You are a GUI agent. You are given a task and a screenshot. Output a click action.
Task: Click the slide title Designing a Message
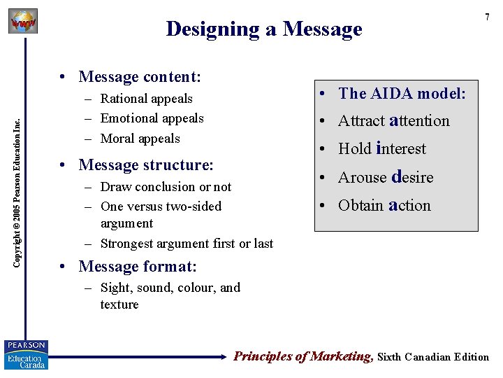coord(264,29)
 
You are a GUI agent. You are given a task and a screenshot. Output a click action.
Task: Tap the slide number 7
coord(487,17)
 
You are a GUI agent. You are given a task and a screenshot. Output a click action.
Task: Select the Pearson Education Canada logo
coord(26,355)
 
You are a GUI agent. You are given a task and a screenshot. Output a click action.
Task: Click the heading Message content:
coord(140,76)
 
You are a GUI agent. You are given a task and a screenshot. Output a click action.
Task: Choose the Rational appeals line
coord(146,99)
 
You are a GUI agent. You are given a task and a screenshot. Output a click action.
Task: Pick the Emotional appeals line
coord(152,118)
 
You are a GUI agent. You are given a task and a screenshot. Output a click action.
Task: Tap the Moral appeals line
coord(140,139)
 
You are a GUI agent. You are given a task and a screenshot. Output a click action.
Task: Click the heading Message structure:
coord(146,165)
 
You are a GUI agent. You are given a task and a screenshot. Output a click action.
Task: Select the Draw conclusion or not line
coord(166,187)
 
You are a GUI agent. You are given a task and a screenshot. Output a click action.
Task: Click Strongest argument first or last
coord(187,244)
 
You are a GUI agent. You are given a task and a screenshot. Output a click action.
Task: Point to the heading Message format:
coord(138,267)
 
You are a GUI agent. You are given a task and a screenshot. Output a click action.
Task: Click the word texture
coord(119,304)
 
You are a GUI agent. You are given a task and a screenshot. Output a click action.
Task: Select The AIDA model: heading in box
coord(402,94)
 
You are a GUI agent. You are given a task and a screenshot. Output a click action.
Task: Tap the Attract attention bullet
coord(393,120)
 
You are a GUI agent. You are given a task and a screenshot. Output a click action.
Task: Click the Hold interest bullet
coord(381,148)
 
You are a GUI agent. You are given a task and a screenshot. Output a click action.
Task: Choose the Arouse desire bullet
coord(386,177)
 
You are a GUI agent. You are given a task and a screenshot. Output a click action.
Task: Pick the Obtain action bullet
coord(384,205)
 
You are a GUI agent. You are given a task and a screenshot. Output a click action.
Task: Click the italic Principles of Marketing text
coord(302,356)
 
